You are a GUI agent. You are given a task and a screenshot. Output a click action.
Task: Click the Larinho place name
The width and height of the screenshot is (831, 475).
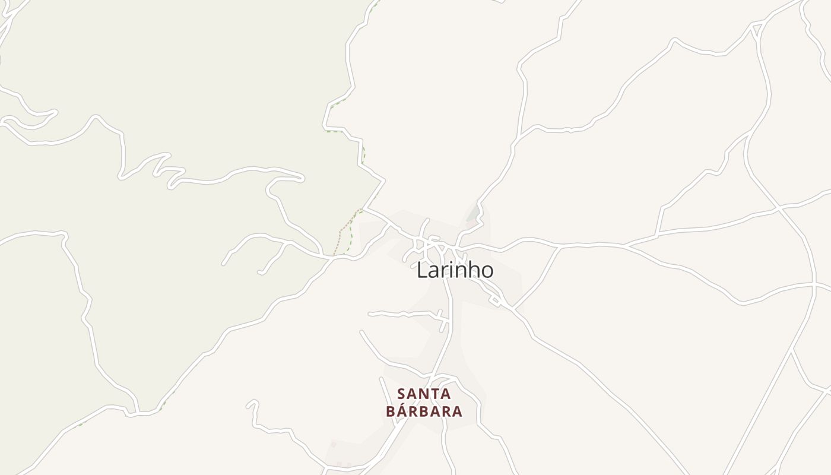455,270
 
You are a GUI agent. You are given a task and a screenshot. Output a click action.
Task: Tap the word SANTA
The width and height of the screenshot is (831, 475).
424,394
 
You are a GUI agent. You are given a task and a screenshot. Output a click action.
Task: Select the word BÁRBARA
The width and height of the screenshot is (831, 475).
424,411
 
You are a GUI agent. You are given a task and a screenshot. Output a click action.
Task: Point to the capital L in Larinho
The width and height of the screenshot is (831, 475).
421,270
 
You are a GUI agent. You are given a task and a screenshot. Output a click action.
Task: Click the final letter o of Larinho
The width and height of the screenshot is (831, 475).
487,272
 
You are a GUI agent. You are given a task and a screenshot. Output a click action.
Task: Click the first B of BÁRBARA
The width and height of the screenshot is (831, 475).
391,411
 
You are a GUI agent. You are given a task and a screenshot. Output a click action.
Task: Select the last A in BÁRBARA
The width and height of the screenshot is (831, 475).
456,411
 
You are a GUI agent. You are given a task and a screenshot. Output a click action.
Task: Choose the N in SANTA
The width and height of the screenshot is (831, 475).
424,394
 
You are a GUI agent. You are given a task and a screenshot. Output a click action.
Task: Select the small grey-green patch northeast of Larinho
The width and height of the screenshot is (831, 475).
474,213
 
